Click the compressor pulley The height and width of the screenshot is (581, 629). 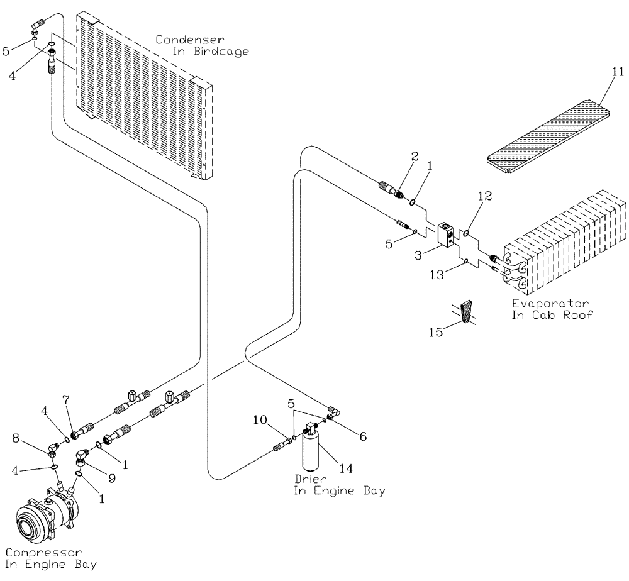click(x=28, y=519)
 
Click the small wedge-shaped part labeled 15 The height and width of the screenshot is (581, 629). click(x=466, y=312)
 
